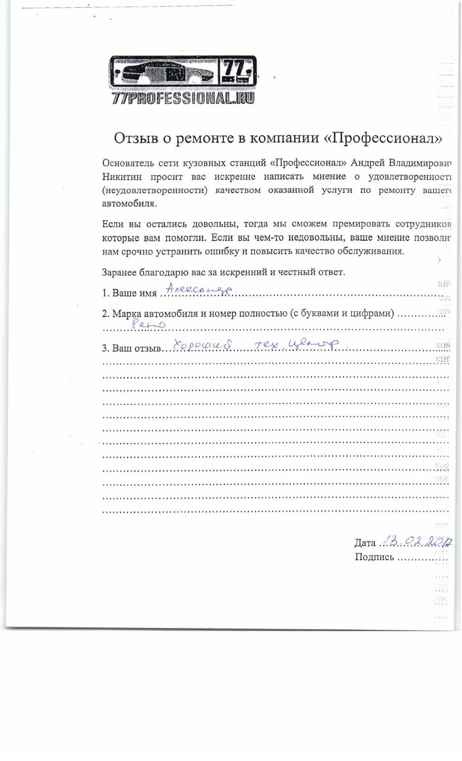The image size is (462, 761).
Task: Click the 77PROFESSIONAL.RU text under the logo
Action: pyautogui.click(x=183, y=98)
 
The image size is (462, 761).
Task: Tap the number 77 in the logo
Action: pyautogui.click(x=235, y=69)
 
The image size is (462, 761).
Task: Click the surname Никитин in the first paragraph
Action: pyautogui.click(x=122, y=177)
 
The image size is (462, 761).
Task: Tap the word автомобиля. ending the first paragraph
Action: pyautogui.click(x=129, y=204)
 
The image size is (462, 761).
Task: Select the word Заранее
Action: pyautogui.click(x=119, y=273)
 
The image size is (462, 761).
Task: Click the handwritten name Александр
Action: pyautogui.click(x=199, y=289)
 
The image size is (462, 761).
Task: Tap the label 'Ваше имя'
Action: pyautogui.click(x=134, y=293)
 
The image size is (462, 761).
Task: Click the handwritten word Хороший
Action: pyautogui.click(x=203, y=344)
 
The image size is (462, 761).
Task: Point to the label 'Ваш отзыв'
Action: pyautogui.click(x=137, y=349)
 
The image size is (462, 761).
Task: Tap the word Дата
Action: pyautogui.click(x=365, y=543)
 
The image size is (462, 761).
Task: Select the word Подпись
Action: pyautogui.click(x=374, y=557)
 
